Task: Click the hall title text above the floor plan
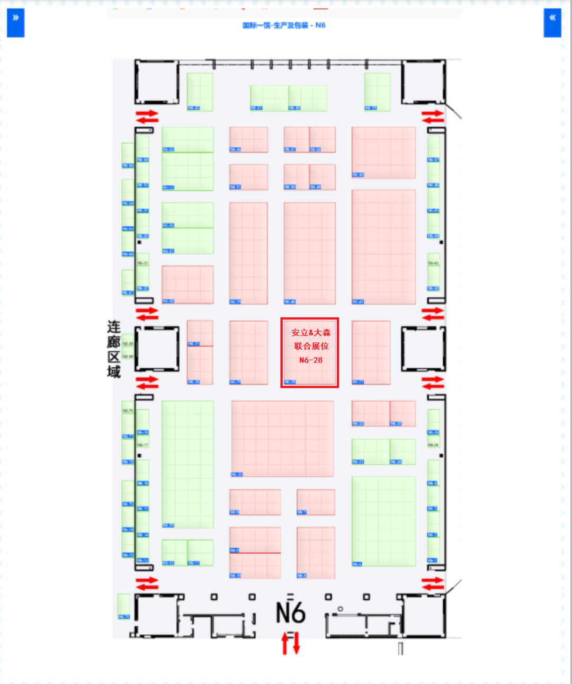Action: tap(284, 25)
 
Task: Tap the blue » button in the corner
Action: tap(15, 23)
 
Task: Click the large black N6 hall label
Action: tap(291, 612)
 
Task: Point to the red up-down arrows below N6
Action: tap(291, 643)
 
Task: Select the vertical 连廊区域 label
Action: tap(114, 349)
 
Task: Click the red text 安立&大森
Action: tap(311, 333)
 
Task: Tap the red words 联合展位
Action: tap(311, 346)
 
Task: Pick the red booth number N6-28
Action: tap(311, 360)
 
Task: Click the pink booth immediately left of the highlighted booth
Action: tap(248, 352)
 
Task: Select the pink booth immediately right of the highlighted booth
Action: tap(371, 352)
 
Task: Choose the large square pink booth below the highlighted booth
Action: tap(282, 439)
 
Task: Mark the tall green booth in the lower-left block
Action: tap(187, 464)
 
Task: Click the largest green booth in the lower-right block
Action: tap(383, 521)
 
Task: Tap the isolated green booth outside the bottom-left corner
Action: tap(123, 606)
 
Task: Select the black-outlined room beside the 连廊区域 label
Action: tap(157, 349)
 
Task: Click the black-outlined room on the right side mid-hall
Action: tap(423, 349)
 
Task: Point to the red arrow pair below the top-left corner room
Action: tap(147, 117)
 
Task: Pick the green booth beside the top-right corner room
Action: tap(377, 92)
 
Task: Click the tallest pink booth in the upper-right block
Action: tap(383, 247)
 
